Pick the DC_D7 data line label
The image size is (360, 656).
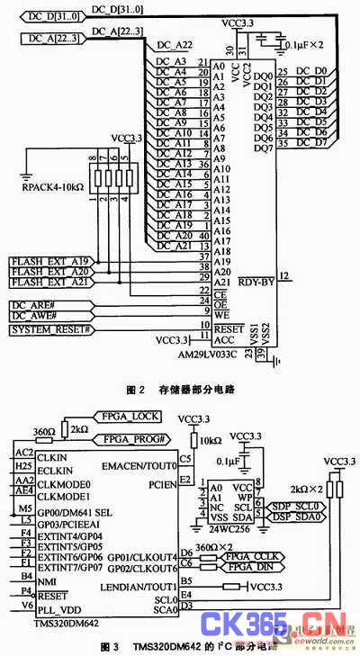pos(318,142)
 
